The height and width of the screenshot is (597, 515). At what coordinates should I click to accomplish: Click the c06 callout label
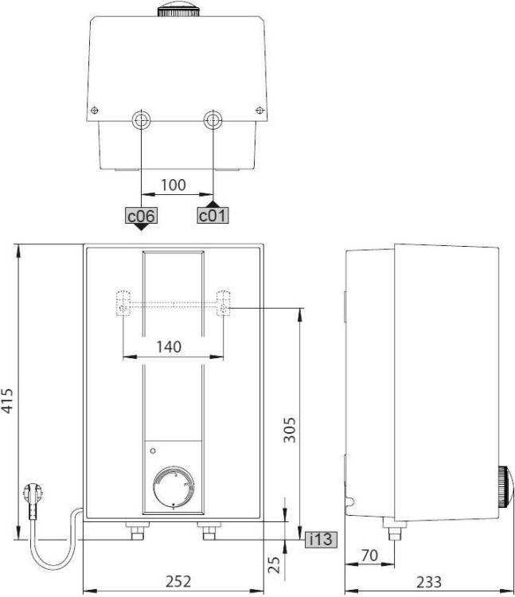[141, 216]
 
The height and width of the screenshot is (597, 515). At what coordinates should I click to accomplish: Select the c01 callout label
[213, 216]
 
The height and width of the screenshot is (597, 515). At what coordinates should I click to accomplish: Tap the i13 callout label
[321, 539]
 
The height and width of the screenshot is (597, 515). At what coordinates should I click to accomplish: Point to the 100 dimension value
[174, 185]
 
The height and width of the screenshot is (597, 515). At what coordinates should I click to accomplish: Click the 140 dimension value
[169, 347]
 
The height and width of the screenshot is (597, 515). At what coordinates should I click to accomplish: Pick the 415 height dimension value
[8, 400]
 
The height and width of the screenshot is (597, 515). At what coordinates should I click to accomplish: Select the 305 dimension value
[290, 430]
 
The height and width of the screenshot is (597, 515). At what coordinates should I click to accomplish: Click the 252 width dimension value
[178, 581]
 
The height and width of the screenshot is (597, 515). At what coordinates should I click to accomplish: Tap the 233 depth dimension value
[429, 582]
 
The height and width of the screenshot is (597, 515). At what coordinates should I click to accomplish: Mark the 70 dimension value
[369, 556]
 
